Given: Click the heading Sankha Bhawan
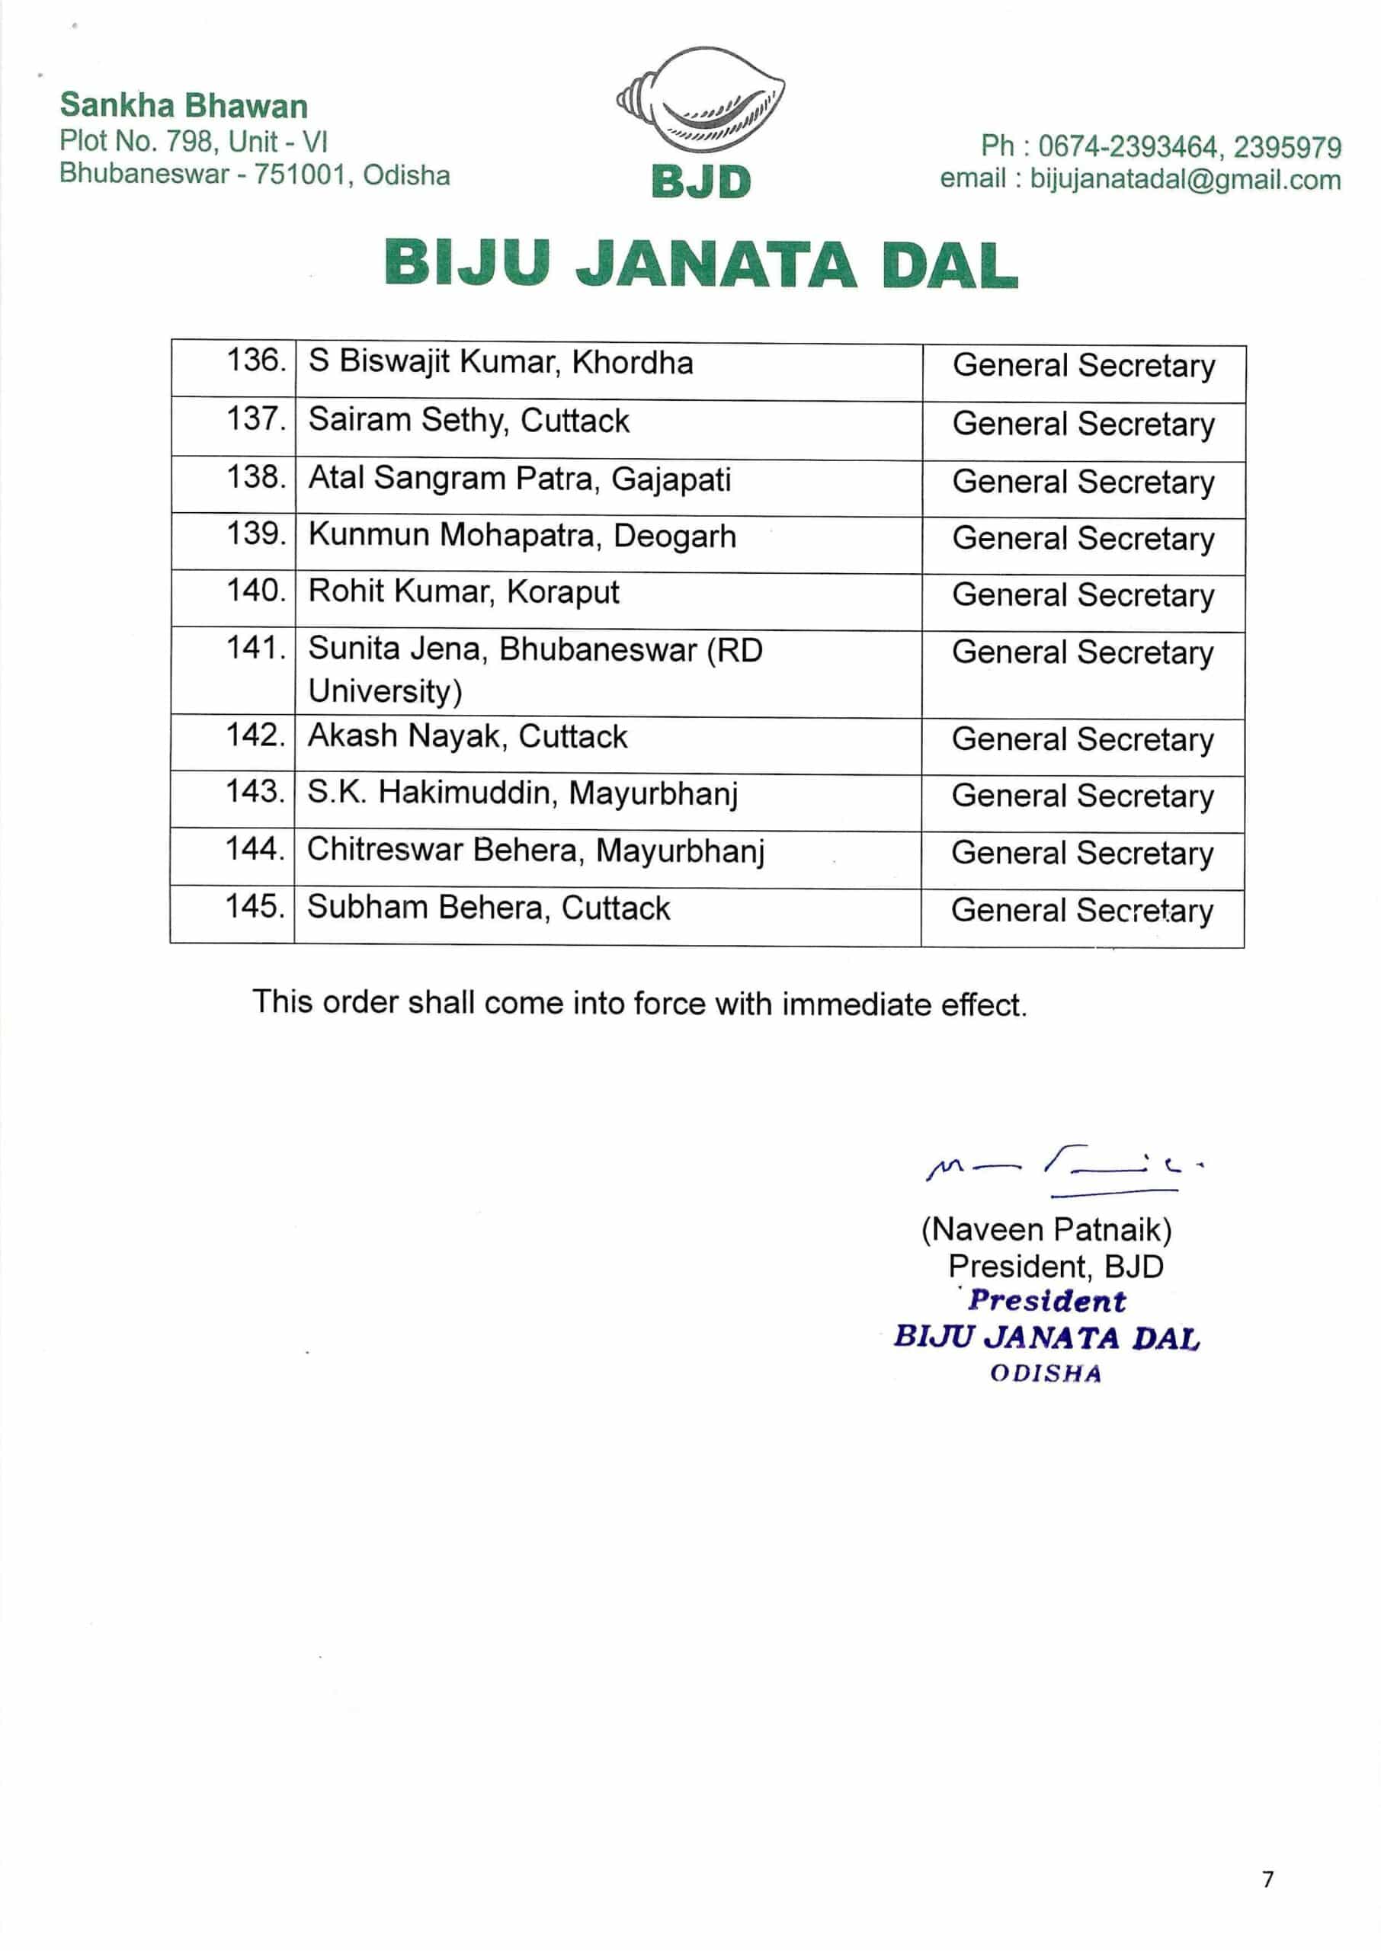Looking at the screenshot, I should tap(184, 106).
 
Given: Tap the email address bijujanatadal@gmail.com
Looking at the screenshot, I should tap(1185, 180).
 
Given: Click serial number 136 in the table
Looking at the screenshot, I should tap(255, 360).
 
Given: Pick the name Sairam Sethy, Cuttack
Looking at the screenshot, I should tap(469, 421).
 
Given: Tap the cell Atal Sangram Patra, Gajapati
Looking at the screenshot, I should tap(519, 479).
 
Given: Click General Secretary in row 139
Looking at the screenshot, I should tap(1083, 539).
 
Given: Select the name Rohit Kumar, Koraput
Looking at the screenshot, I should tap(463, 591).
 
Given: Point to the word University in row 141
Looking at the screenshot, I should tap(384, 691).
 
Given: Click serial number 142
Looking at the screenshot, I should tap(255, 735).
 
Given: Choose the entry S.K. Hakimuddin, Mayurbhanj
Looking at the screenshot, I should tap(522, 793).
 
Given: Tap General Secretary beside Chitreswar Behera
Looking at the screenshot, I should tap(1082, 854).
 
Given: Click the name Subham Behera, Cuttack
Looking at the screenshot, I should tap(488, 908).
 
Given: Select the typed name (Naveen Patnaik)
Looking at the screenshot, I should tap(1046, 1230).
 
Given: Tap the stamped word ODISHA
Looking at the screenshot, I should tap(1045, 1374).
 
